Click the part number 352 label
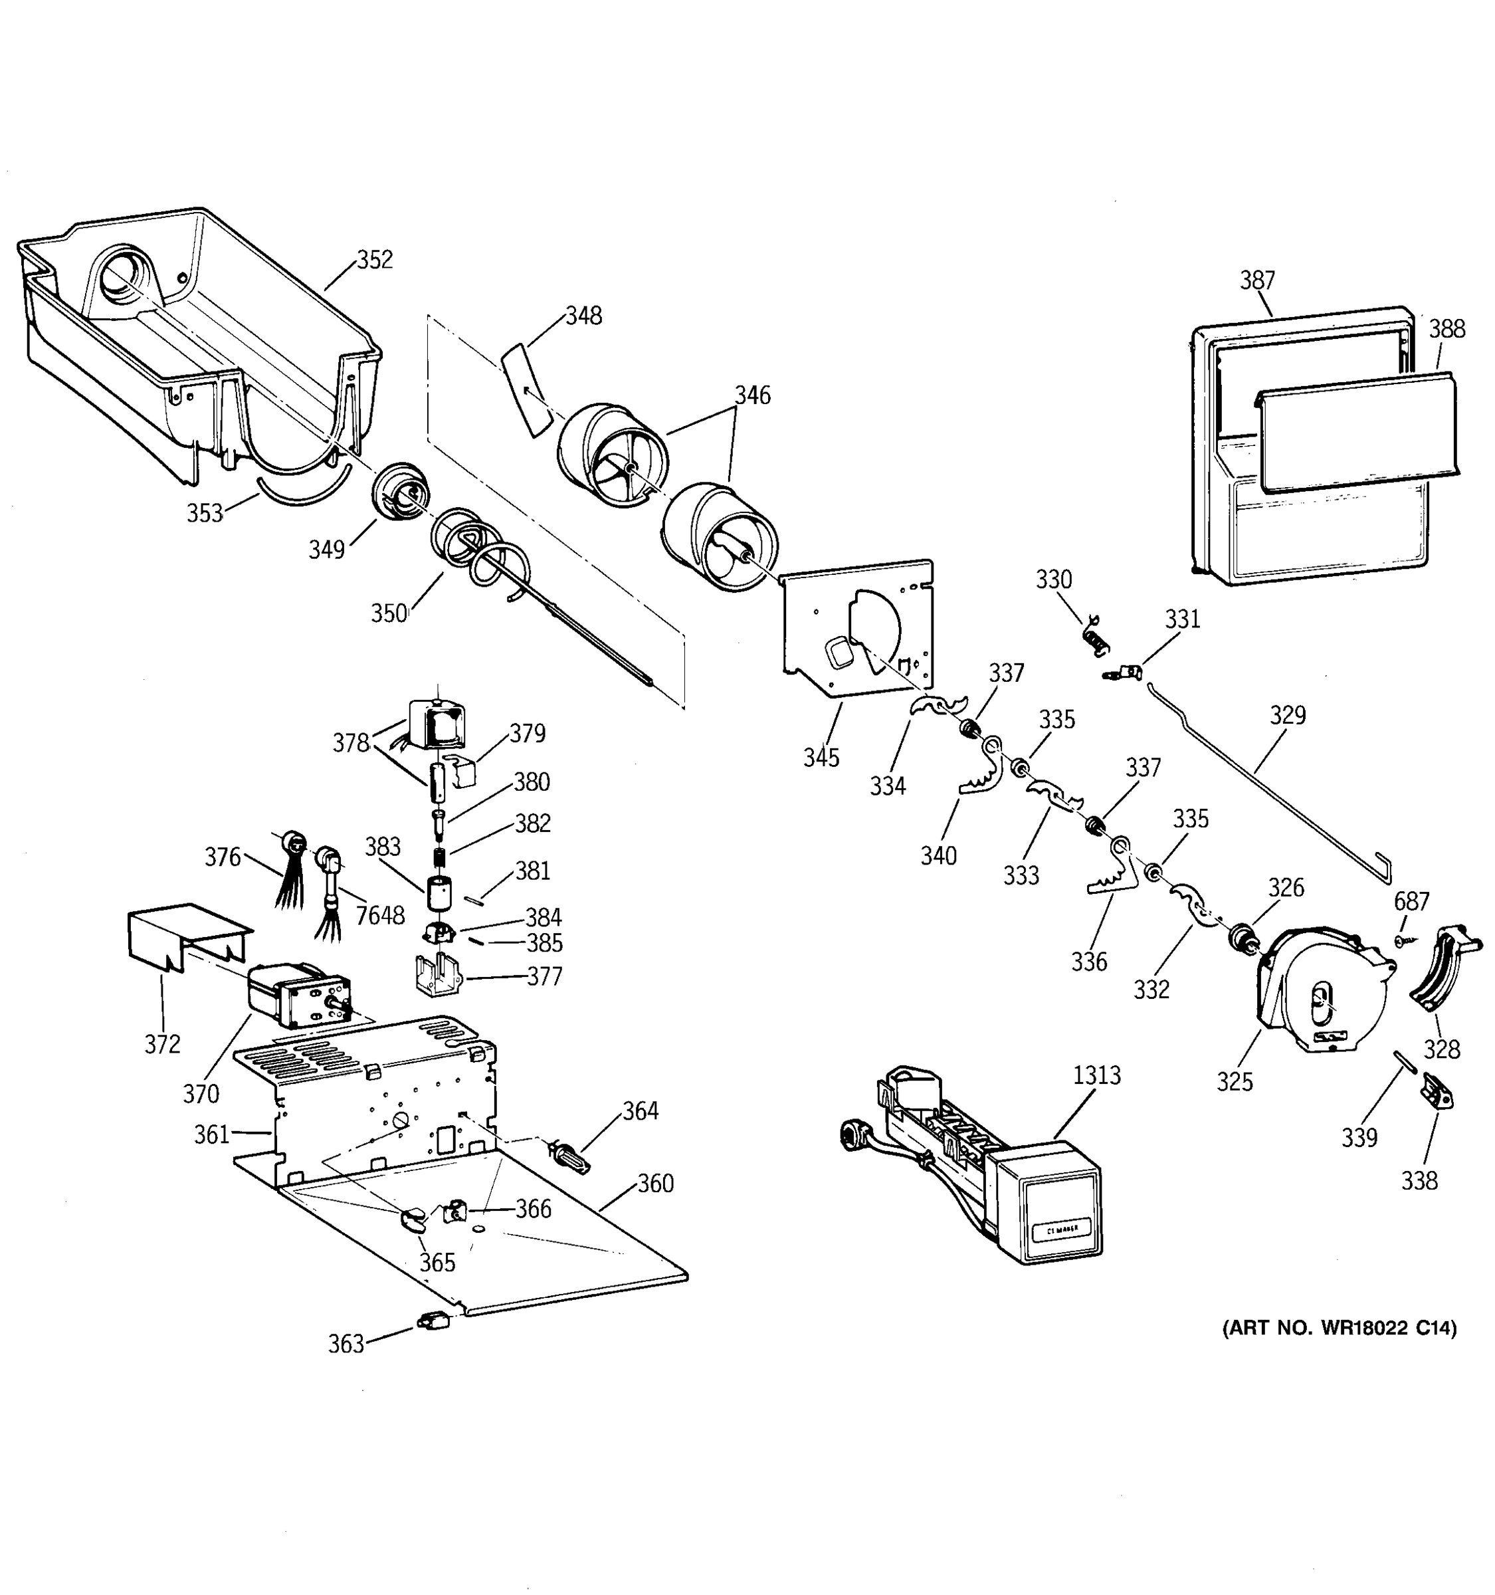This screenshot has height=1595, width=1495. tap(375, 260)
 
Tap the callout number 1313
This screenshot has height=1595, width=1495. tap(1096, 1075)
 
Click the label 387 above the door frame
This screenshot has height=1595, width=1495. tap(1256, 280)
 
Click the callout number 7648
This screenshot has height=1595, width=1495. tap(380, 914)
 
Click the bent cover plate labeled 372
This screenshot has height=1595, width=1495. tap(189, 934)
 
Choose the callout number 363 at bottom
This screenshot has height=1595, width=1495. tap(346, 1344)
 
